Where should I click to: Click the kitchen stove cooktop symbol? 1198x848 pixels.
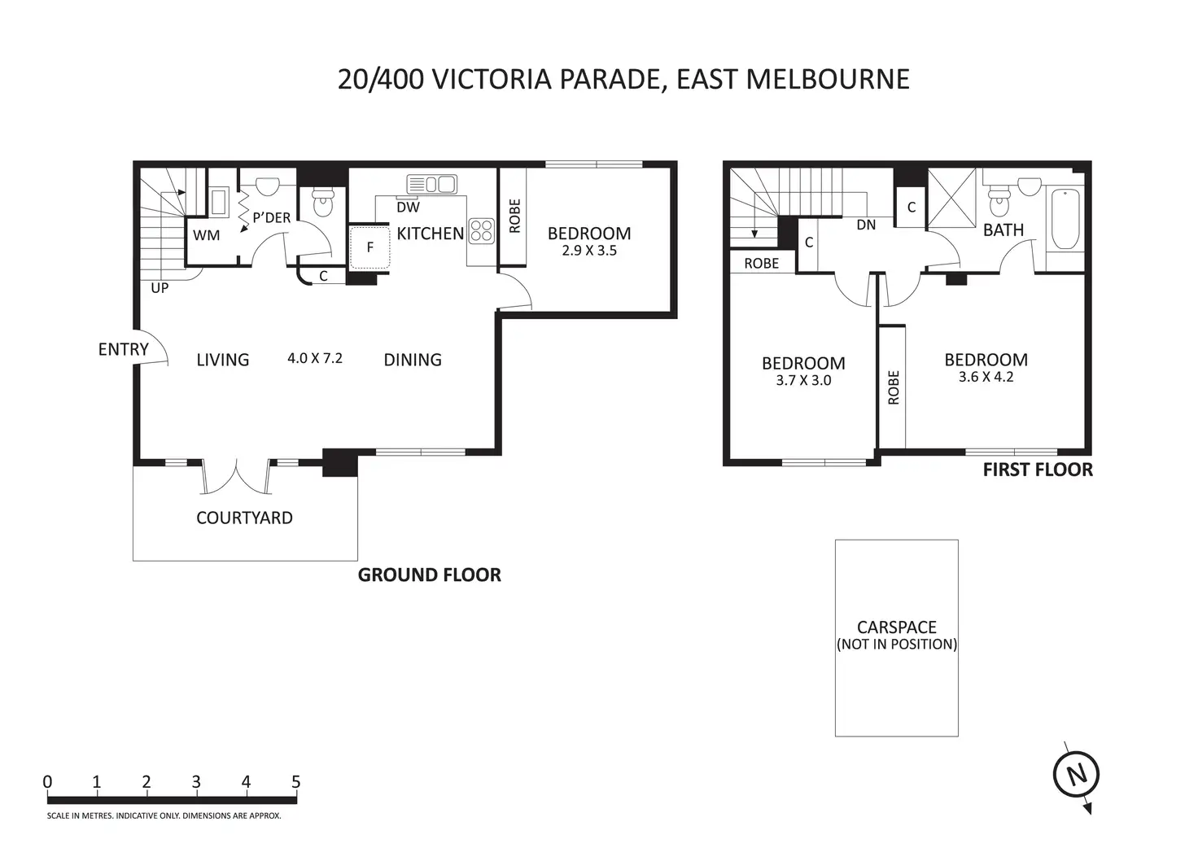[x=481, y=231]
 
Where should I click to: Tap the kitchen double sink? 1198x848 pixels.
[x=431, y=185]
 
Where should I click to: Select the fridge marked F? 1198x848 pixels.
[x=369, y=247]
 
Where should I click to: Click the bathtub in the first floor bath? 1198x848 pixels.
[x=1065, y=219]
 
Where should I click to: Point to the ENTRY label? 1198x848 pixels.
[x=124, y=350]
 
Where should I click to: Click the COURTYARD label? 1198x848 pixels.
[x=244, y=518]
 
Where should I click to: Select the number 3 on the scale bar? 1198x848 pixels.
[x=196, y=782]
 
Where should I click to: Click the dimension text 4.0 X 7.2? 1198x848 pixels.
[x=315, y=358]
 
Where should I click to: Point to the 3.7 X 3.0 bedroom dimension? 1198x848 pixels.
[x=803, y=380]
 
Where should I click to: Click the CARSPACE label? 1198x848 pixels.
[x=897, y=627]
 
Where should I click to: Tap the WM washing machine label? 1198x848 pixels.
[x=207, y=235]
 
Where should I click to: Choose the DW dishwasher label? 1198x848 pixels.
[x=408, y=207]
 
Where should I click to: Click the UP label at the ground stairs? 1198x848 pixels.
[x=160, y=288]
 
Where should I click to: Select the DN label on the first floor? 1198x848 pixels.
[x=866, y=225]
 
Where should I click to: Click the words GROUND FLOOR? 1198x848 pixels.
[x=430, y=575]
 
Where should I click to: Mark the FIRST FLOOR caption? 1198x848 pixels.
[x=1038, y=470]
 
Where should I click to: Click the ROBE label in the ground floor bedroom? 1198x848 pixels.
[x=514, y=216]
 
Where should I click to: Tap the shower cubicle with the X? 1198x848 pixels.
[x=952, y=198]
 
